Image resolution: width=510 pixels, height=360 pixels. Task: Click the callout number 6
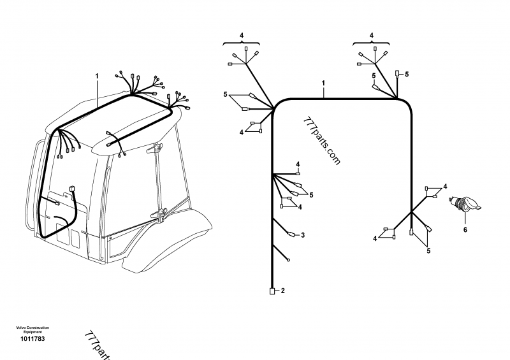coord(465,229)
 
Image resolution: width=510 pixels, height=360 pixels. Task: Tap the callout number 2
coord(282,291)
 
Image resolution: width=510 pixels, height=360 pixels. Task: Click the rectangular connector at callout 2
coord(272,291)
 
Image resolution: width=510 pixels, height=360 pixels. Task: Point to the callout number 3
coord(303,235)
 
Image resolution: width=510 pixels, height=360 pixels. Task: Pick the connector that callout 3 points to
coord(292,234)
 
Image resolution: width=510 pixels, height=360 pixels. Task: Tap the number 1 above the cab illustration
coord(97,76)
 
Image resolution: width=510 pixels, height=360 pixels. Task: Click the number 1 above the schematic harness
coord(323,83)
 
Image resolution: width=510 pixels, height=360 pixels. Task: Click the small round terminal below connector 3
coord(288,259)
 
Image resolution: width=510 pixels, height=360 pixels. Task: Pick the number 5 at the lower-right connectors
coord(428,251)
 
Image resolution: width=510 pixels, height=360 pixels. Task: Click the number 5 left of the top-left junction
coord(225,95)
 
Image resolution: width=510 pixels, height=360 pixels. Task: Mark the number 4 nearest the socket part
coord(446,186)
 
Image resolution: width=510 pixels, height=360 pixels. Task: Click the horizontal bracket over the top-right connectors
coord(372,43)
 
